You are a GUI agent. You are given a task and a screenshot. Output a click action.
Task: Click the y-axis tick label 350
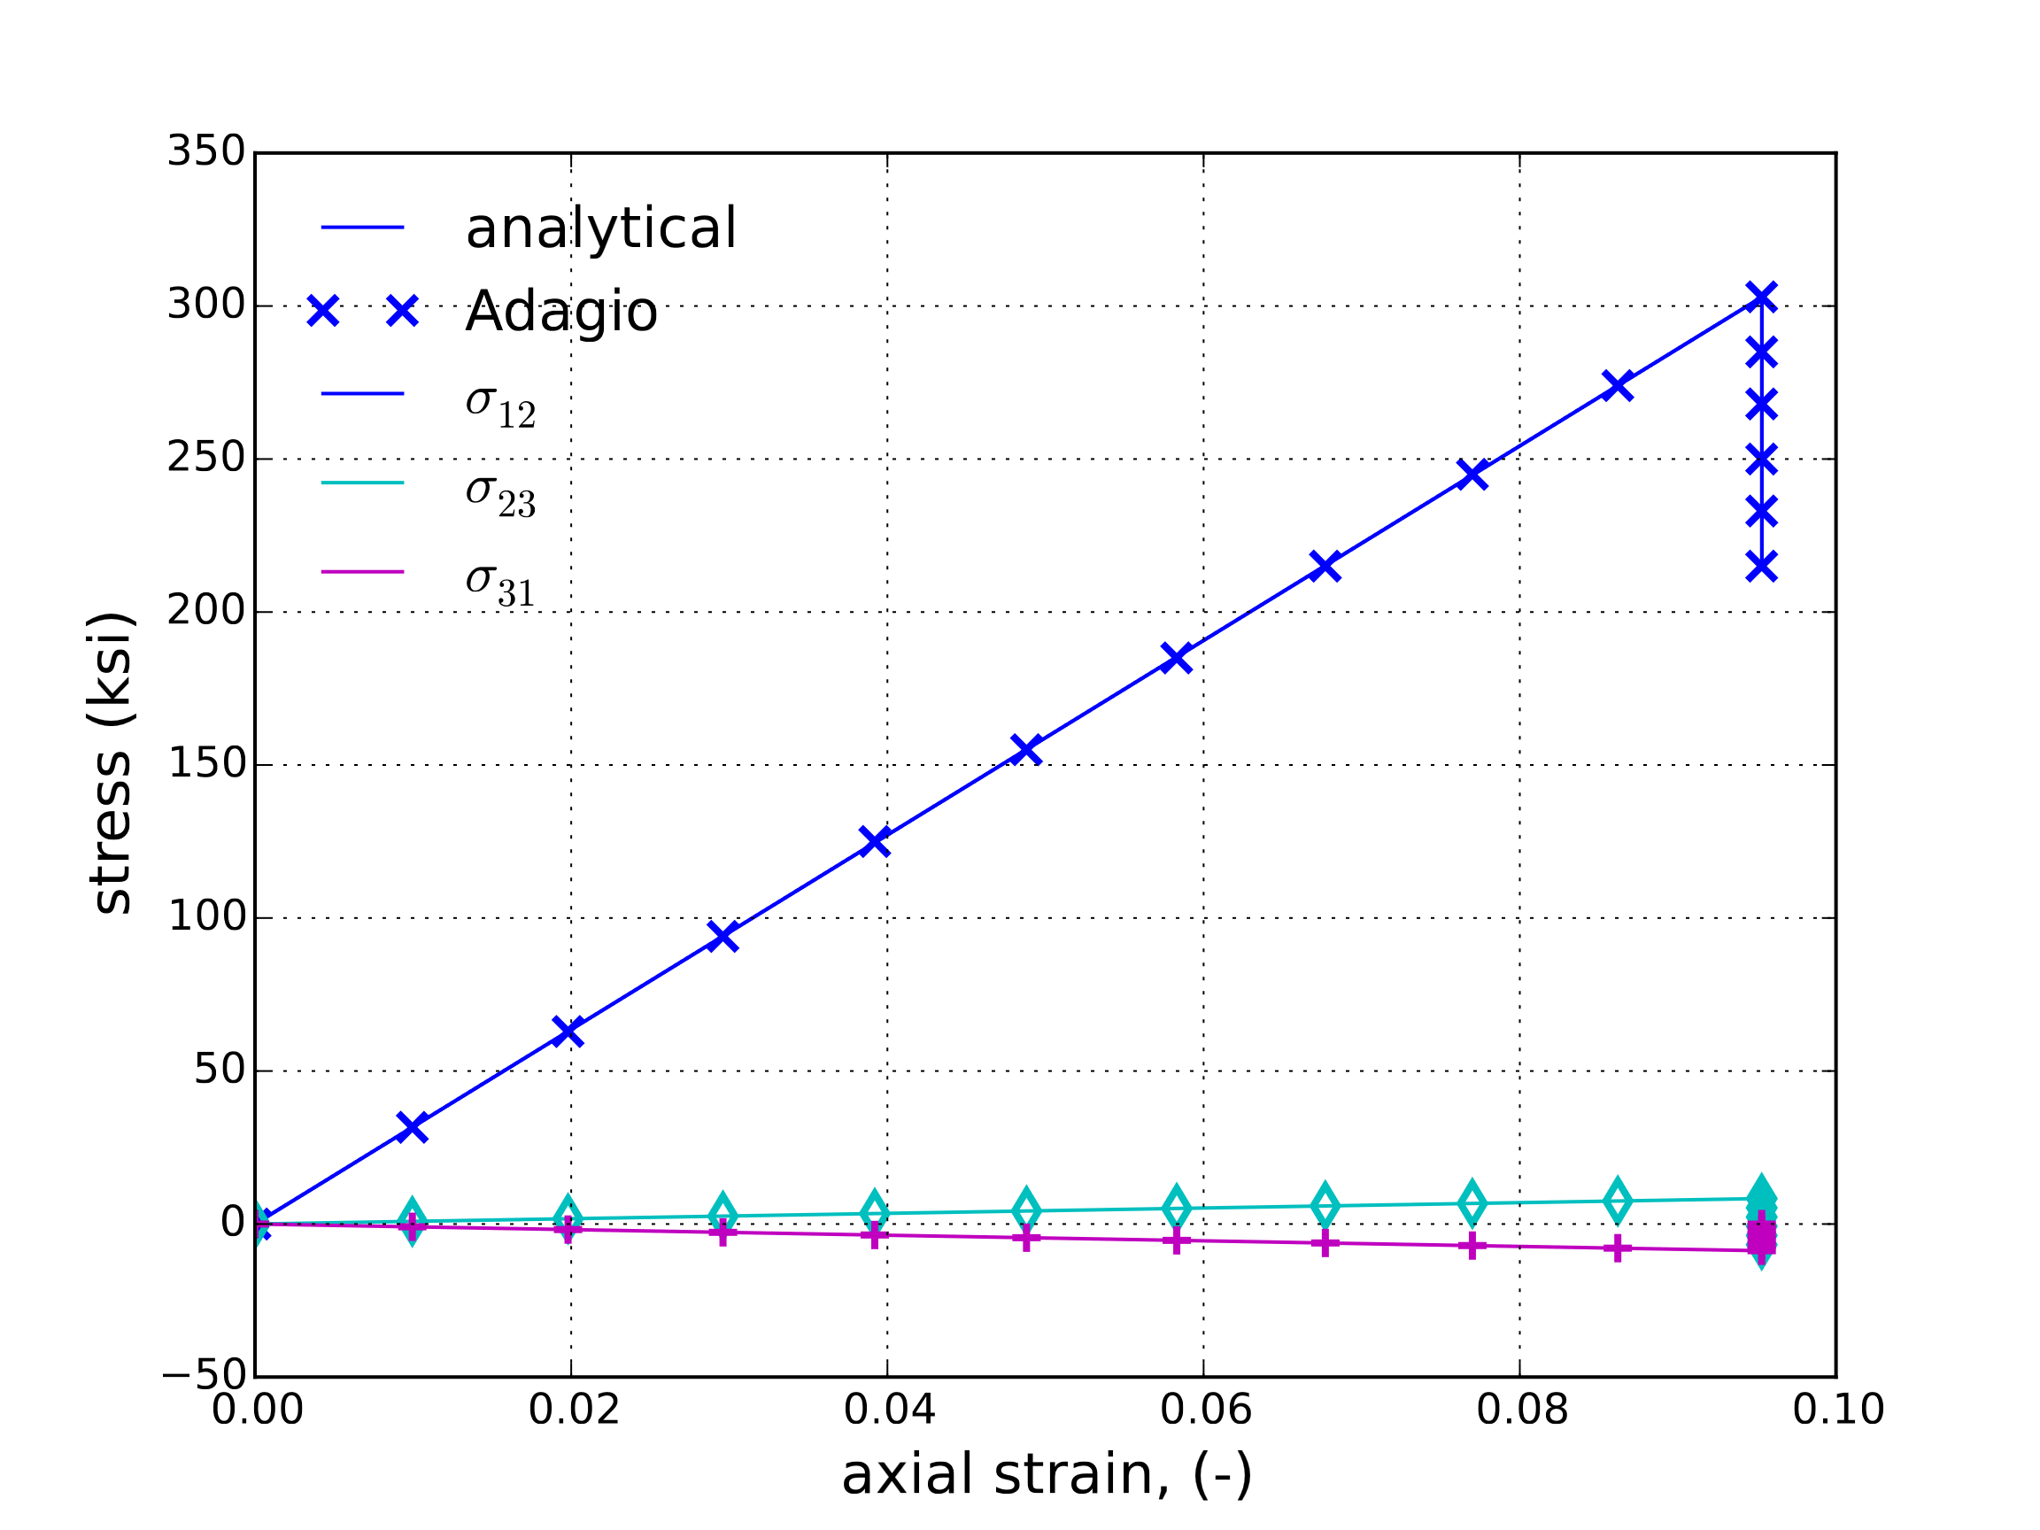pos(205,151)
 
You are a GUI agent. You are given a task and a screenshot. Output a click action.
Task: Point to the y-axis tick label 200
pos(205,611)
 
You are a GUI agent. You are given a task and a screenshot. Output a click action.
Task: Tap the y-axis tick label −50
pos(205,1375)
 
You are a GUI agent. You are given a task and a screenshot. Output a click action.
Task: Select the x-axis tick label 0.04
pos(889,1410)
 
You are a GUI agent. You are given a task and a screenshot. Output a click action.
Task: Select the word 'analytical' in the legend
pos(600,228)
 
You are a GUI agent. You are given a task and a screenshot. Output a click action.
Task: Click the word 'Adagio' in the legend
pos(560,311)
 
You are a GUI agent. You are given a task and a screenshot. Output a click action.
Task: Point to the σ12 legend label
pos(500,405)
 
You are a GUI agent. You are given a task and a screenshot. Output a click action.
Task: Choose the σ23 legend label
pos(500,494)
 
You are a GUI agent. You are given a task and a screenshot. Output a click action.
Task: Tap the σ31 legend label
pos(500,584)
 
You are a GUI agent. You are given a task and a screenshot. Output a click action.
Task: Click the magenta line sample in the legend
pos(362,572)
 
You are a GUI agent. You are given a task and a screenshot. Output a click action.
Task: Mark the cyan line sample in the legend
pos(362,483)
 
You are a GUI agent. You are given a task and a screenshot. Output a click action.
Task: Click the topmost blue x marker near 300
pos(1761,296)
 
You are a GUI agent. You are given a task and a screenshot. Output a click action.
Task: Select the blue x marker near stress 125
pos(874,841)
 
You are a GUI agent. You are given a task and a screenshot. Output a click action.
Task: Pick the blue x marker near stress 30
pos(412,1127)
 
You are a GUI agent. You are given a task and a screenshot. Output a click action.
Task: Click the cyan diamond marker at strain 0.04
pos(874,1212)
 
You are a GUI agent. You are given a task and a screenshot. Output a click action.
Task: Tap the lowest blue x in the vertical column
pos(1761,567)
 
